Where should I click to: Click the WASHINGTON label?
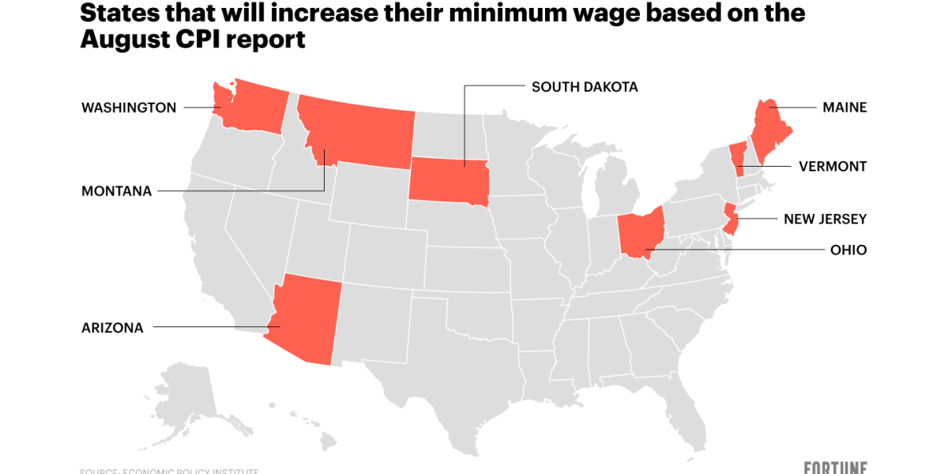coord(129,107)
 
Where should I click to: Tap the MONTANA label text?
coord(116,191)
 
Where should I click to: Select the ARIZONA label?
coord(112,328)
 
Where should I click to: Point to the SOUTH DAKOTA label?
coord(584,87)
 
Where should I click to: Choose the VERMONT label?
coord(832,167)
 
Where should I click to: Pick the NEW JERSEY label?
coord(825,219)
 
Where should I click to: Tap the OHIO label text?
coord(848,250)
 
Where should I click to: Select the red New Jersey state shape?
coord(731,220)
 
